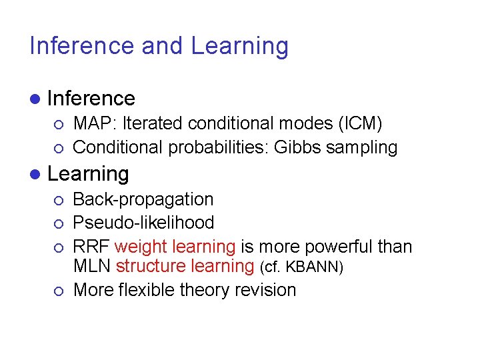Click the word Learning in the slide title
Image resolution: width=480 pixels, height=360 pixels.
(240, 46)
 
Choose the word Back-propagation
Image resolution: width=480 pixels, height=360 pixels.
(143, 199)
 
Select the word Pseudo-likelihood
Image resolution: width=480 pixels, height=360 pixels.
(143, 223)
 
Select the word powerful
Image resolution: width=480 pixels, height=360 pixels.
(329, 247)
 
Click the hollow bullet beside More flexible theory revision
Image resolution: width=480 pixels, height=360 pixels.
(59, 291)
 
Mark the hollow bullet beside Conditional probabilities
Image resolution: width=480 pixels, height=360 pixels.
(59, 147)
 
